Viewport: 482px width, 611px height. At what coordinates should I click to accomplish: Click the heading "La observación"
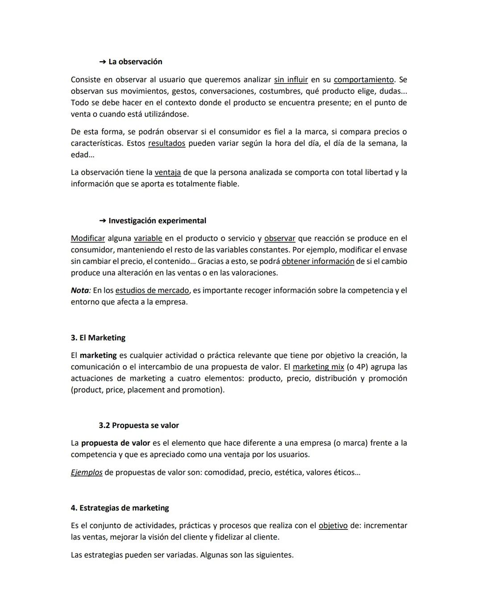click(135, 62)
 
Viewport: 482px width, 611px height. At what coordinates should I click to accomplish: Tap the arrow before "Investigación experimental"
click(103, 220)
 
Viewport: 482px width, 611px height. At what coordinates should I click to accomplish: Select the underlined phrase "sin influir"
click(291, 79)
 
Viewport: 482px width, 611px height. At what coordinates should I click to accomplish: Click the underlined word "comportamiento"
click(364, 79)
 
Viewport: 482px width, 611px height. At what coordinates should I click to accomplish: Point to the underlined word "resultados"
click(166, 143)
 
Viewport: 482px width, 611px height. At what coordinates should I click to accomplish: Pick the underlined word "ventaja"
click(168, 172)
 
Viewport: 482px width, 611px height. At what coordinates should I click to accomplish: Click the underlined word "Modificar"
click(88, 238)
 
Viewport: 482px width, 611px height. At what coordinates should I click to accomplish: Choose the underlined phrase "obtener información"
click(318, 261)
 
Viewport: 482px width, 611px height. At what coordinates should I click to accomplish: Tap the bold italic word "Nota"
click(80, 290)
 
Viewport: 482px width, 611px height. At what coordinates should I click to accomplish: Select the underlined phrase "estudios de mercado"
click(152, 290)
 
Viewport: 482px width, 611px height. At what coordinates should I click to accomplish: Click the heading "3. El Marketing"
click(98, 337)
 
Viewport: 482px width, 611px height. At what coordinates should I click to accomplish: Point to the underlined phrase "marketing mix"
click(318, 367)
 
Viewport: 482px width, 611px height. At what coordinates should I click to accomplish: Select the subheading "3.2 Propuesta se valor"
click(139, 425)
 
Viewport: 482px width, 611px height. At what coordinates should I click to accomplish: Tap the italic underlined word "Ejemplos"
click(87, 472)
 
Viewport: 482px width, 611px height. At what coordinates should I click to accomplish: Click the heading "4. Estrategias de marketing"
click(120, 508)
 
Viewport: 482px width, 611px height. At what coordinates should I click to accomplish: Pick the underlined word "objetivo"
click(333, 525)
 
